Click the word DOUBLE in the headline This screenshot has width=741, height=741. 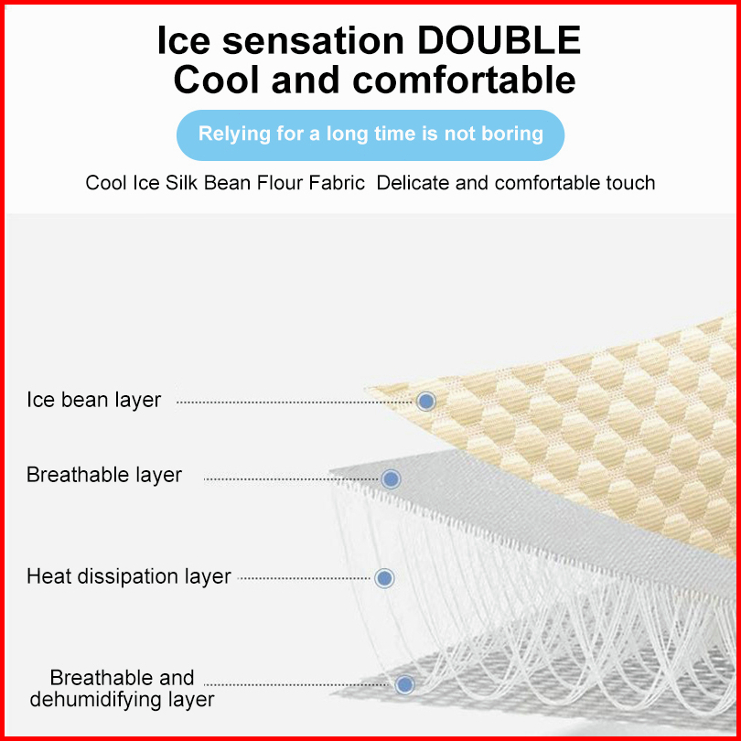(499, 40)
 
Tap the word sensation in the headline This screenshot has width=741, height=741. (313, 40)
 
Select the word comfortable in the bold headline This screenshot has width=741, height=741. (464, 80)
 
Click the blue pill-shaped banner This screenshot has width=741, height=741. (370, 135)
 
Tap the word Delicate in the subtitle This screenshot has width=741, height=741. (413, 183)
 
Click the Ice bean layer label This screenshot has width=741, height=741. (93, 401)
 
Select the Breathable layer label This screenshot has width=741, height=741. (104, 475)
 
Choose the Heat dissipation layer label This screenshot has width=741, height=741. (129, 576)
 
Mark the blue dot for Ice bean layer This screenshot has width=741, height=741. (426, 402)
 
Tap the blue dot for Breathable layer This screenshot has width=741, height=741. (391, 478)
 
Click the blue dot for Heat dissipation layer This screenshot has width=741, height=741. (384, 578)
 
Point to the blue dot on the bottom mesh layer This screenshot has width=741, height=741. (405, 684)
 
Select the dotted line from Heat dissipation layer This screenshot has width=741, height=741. (305, 578)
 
